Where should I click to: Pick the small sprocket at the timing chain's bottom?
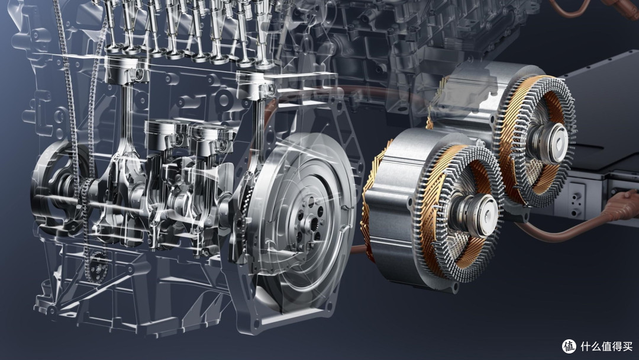[x=97, y=266]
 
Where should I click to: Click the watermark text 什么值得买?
[x=606, y=346]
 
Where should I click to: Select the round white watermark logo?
[x=569, y=346]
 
